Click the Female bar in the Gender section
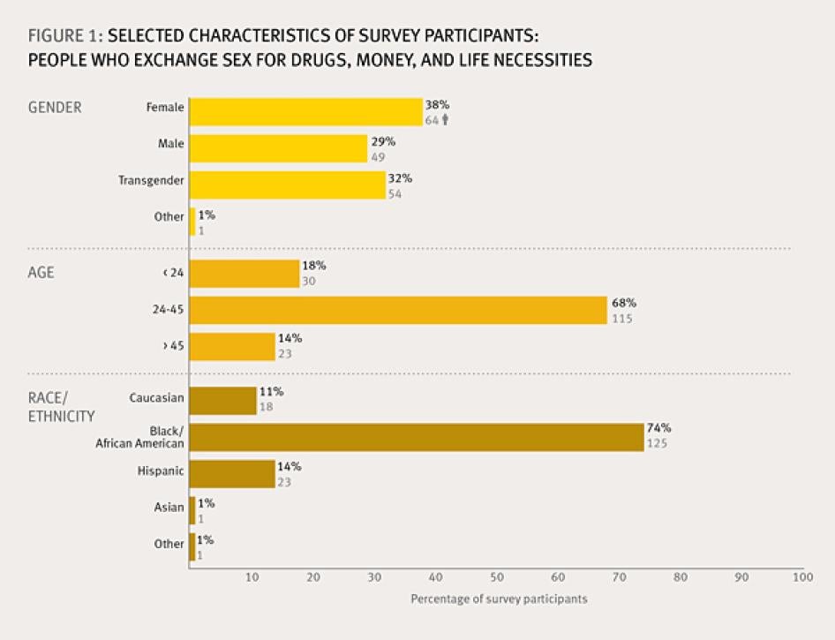[x=305, y=112]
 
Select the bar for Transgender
[x=287, y=184]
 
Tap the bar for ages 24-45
[x=398, y=310]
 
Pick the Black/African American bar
[x=417, y=437]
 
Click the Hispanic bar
[x=232, y=474]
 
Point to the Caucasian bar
[x=222, y=401]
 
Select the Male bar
[x=278, y=148]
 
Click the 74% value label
[x=658, y=429]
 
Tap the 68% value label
[x=621, y=303]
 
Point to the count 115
[x=621, y=318]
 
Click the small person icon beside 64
[x=446, y=120]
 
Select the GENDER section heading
[x=55, y=108]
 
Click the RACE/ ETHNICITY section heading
[x=61, y=407]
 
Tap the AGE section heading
[x=41, y=273]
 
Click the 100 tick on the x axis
[x=801, y=577]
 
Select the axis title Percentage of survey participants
[x=499, y=599]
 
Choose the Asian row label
[x=169, y=507]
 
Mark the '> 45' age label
[x=173, y=346]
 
